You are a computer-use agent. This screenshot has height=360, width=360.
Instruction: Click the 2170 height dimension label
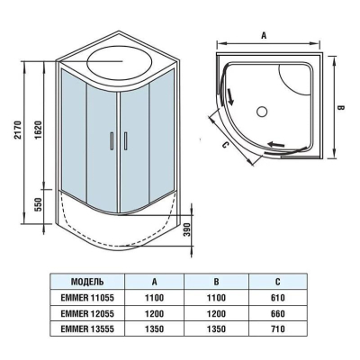[x=17, y=130]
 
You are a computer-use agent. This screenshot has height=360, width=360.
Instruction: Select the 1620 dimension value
[x=38, y=130]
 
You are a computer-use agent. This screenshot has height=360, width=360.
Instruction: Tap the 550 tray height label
[x=39, y=204]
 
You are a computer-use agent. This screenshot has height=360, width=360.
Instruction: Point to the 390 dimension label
[x=187, y=229]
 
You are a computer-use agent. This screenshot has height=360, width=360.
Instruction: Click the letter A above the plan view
[x=264, y=35]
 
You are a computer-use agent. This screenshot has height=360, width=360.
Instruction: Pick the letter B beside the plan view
[x=341, y=107]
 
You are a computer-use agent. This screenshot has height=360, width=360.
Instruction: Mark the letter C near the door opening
[x=226, y=146]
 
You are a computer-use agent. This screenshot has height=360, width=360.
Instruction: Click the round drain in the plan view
[x=262, y=112]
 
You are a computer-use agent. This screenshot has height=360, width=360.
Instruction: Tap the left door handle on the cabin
[x=112, y=140]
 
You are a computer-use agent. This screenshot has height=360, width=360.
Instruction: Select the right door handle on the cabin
[x=125, y=140]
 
